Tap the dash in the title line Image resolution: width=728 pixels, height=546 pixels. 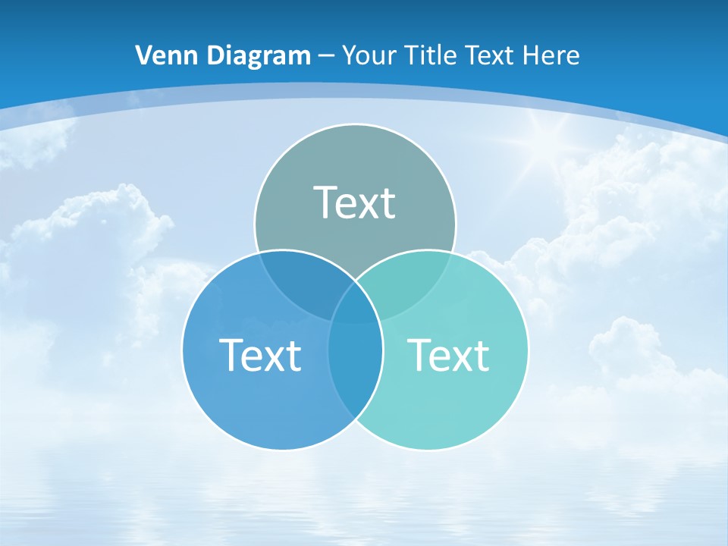tap(326, 56)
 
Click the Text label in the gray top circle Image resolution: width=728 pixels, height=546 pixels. tap(354, 202)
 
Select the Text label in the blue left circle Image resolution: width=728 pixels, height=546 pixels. tap(260, 355)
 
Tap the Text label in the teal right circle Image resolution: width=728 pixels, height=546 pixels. tap(448, 355)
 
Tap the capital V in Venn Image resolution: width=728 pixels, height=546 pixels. tap(143, 55)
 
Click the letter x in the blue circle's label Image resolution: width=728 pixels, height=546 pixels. tap(275, 356)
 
